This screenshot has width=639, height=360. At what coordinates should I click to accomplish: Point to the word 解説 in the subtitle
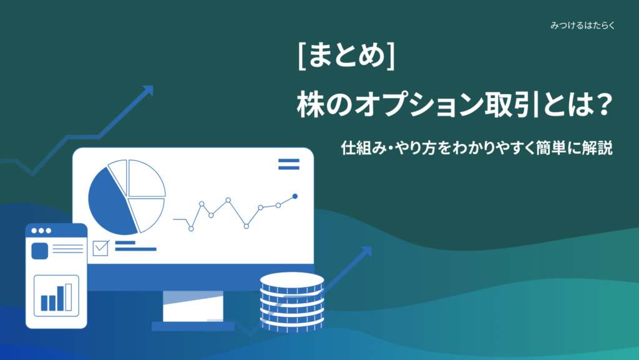[x=597, y=149]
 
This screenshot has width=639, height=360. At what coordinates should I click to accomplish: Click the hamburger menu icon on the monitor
[x=288, y=164]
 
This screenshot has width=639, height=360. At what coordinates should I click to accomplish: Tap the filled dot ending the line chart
[x=295, y=197]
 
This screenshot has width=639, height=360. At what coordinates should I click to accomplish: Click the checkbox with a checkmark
[x=100, y=248]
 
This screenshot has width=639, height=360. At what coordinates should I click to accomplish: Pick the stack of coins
[x=292, y=300]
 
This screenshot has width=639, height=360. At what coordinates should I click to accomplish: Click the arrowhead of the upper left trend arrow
[x=147, y=91]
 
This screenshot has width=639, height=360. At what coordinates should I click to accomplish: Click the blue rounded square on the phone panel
[x=40, y=251]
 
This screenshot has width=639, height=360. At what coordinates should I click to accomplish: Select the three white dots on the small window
[x=40, y=230]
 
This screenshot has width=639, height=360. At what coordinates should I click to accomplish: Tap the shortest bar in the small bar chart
[x=44, y=303]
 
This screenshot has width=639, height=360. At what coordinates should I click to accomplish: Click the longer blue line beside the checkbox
[x=135, y=250]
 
